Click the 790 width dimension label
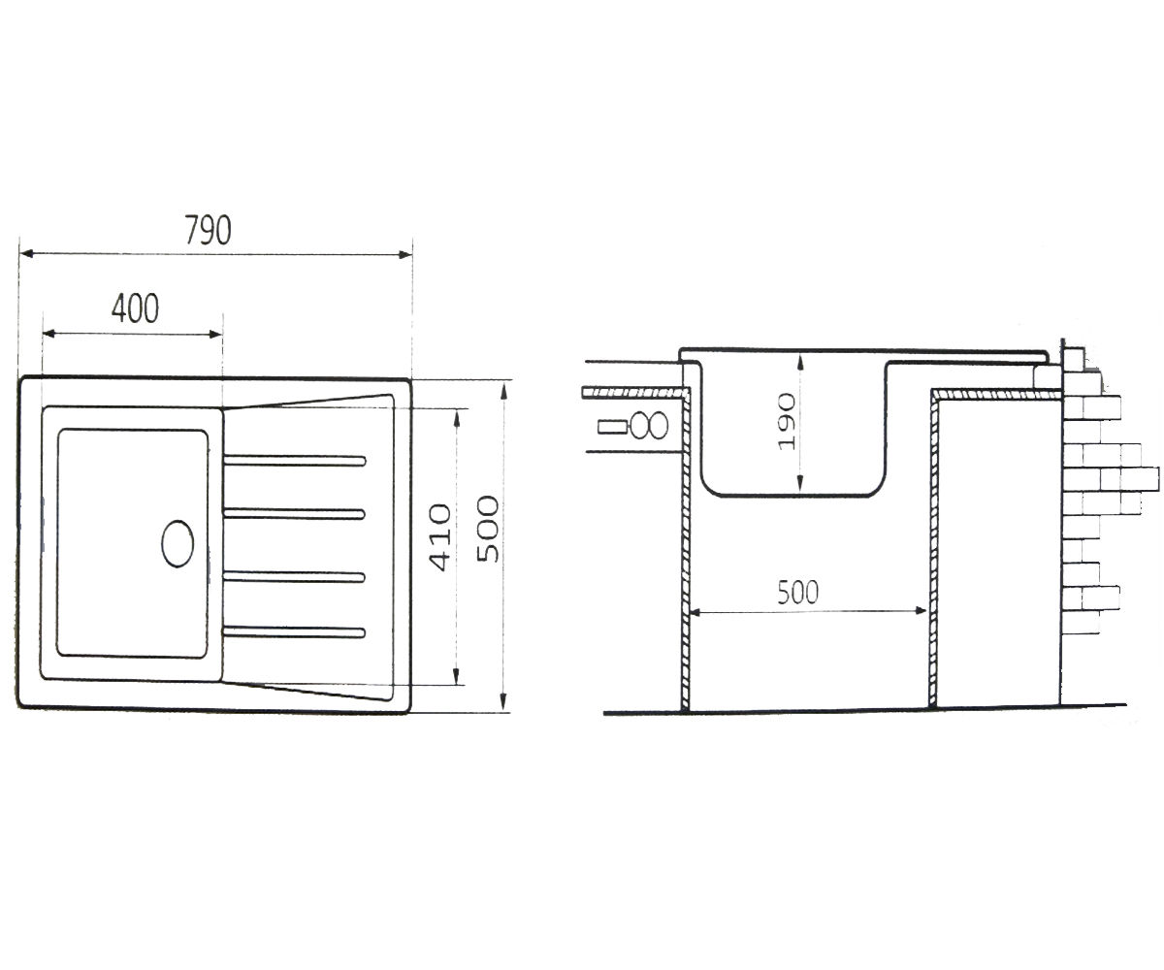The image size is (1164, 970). [x=208, y=230]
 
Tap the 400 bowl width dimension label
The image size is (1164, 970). [x=135, y=308]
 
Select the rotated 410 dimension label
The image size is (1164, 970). [x=439, y=538]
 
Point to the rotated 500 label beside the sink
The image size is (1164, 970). [x=488, y=529]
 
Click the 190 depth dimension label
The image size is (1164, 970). [x=786, y=422]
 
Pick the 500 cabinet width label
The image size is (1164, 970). [x=797, y=593]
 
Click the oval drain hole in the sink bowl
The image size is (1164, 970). [x=178, y=544]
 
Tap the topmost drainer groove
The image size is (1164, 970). [x=294, y=461]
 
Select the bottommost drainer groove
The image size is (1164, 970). [x=294, y=632]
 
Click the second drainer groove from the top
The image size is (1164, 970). [x=294, y=513]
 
